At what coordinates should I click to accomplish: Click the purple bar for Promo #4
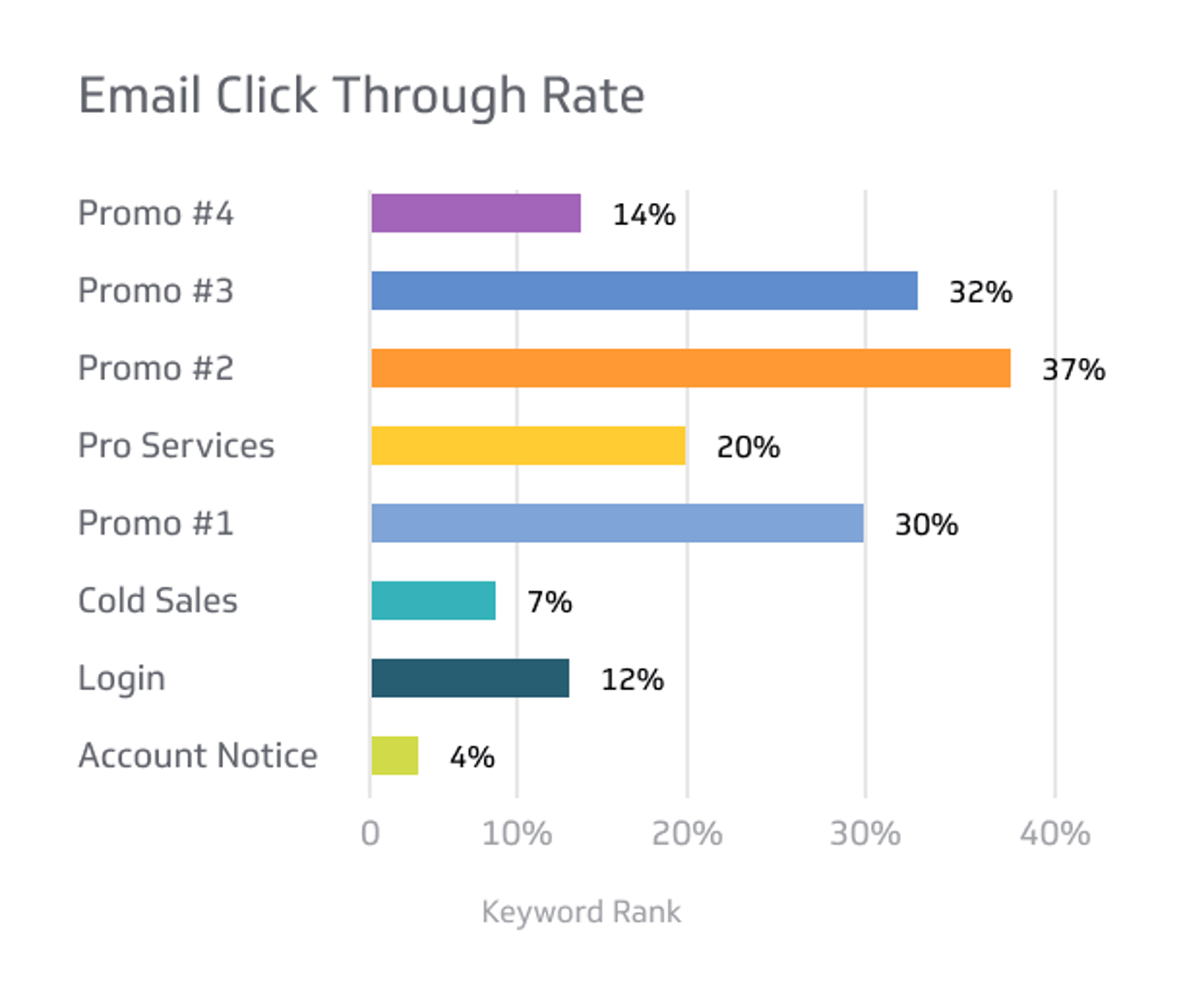pos(476,213)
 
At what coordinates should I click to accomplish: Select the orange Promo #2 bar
pos(691,368)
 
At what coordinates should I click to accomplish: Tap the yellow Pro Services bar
pos(528,445)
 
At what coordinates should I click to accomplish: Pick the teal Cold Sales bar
pos(434,601)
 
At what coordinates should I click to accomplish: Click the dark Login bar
pos(470,678)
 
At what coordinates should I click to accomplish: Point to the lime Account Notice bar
pos(395,756)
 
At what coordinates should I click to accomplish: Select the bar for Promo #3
pos(644,290)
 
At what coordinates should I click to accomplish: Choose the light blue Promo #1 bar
pos(617,524)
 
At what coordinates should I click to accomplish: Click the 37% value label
pos(1073,369)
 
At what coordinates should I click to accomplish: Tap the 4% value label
pos(472,757)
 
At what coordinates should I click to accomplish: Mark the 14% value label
pos(644,214)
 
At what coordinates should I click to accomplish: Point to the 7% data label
pos(549,602)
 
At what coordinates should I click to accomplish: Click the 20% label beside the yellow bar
pos(748,447)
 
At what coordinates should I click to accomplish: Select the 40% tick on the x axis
pos(1055,833)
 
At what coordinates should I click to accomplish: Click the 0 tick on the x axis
pos(370,833)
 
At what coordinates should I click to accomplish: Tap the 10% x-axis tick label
pos(516,833)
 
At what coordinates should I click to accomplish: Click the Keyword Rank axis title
pos(581,912)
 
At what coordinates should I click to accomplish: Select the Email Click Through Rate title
pos(361,96)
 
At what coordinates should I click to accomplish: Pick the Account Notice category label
pos(197,755)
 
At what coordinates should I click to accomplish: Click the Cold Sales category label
pos(158,601)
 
